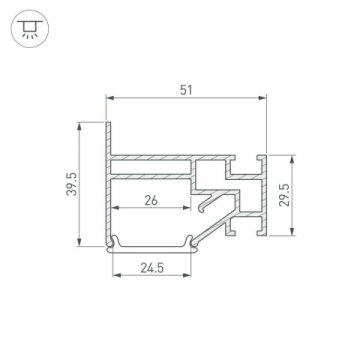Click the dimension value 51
click(187, 88)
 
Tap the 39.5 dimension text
click(60, 186)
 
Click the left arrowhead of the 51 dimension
click(109, 99)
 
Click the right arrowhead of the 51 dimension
click(268, 99)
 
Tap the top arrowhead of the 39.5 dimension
click(78, 126)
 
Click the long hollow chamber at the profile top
click(160, 167)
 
